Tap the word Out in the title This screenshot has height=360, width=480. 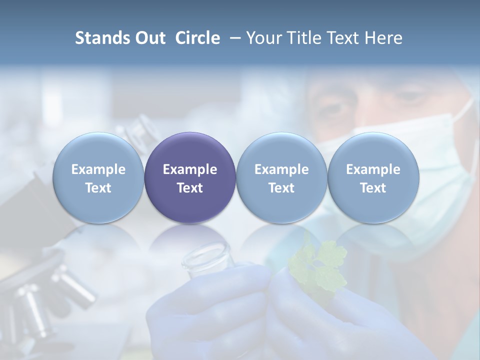[x=148, y=38]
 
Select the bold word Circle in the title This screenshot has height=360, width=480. [x=197, y=38]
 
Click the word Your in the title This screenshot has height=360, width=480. [x=263, y=38]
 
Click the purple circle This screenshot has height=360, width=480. [x=190, y=177]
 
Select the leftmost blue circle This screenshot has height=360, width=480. [x=98, y=177]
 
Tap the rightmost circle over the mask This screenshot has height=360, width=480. [x=373, y=177]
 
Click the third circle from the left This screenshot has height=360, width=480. [x=281, y=177]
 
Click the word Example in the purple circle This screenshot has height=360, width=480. [x=190, y=169]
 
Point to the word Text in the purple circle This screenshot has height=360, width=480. [x=190, y=188]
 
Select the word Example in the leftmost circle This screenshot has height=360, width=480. [x=98, y=169]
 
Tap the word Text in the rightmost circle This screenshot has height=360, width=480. [x=373, y=188]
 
